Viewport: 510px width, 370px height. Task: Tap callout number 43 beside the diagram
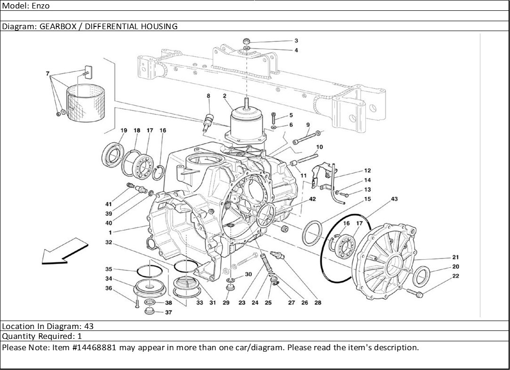pos(394,199)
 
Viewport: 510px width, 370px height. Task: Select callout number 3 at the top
pos(296,40)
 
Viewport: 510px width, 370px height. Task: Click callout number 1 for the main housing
pos(110,232)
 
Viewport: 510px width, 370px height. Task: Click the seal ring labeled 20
pos(421,276)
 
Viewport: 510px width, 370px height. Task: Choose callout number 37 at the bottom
pos(169,312)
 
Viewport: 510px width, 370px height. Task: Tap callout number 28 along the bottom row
pos(318,303)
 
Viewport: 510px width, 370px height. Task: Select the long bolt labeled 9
pos(305,137)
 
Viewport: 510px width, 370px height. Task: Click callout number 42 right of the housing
pos(312,199)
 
